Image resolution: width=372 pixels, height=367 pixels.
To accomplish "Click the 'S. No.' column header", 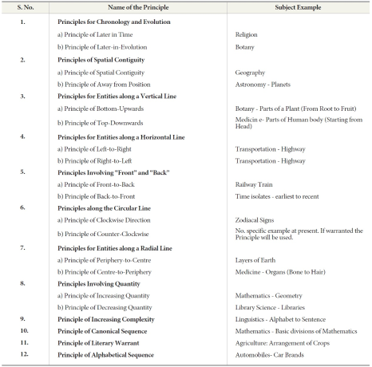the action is click(24, 8).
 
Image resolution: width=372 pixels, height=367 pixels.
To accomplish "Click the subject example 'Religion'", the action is click(247, 35).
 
